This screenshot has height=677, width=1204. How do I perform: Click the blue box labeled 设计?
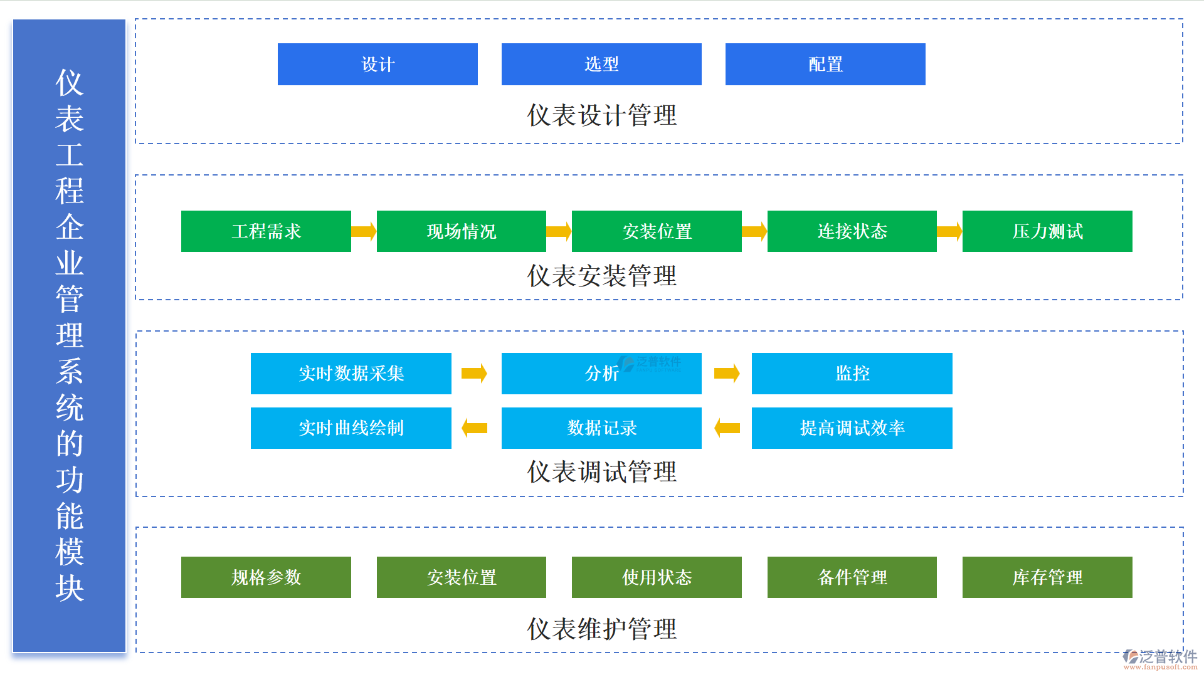[x=378, y=64]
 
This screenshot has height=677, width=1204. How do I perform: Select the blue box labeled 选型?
[x=601, y=64]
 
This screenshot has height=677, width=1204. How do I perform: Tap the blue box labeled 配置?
[x=825, y=64]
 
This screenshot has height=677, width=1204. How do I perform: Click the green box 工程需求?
[x=266, y=231]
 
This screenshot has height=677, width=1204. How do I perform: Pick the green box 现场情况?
[x=461, y=231]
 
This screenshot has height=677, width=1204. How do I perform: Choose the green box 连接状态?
[x=852, y=231]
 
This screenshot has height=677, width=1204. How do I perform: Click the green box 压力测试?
[x=1047, y=231]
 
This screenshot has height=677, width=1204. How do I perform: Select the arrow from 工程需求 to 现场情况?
[x=364, y=231]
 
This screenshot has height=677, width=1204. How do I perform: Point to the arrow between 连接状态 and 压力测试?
[x=949, y=231]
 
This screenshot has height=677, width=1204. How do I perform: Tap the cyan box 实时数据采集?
[x=351, y=374]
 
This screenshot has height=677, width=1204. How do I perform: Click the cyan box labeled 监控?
[x=852, y=374]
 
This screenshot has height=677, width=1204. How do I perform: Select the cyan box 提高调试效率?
[x=852, y=428]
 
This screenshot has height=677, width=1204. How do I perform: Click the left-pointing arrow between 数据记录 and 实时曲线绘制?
[x=475, y=428]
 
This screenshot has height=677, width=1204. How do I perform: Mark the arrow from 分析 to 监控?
[x=727, y=374]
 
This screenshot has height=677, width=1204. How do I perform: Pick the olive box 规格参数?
[x=266, y=577]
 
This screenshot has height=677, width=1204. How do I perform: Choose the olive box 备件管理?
[x=852, y=577]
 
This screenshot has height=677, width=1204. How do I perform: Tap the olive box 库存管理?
[x=1047, y=577]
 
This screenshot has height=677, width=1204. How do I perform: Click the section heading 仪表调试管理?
[x=601, y=472]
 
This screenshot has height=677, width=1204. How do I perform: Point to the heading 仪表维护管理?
[x=601, y=629]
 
